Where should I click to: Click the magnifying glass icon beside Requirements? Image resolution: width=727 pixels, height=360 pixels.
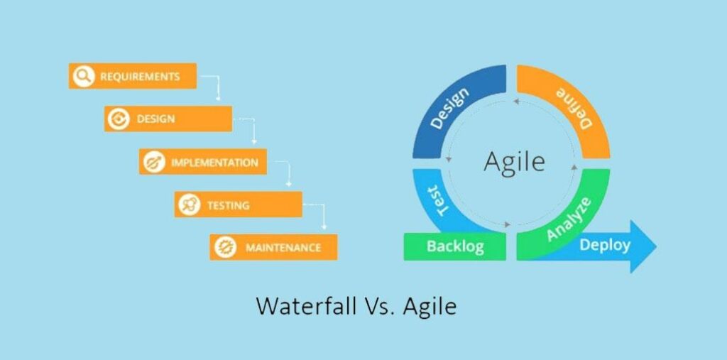click(84, 76)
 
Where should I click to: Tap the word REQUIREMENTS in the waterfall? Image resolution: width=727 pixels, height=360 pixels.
click(140, 77)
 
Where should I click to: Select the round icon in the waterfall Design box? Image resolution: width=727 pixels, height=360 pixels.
click(119, 119)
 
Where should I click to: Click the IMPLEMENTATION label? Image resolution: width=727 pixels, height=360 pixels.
click(214, 163)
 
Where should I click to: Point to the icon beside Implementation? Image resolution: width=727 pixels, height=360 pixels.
click(154, 162)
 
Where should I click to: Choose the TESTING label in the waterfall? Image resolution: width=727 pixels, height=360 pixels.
click(228, 205)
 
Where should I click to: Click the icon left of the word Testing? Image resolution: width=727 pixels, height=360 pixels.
click(189, 204)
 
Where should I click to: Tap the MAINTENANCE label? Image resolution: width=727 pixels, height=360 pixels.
click(283, 248)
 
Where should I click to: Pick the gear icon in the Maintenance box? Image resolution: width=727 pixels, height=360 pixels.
click(225, 247)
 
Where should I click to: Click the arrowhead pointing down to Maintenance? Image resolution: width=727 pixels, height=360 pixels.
click(324, 227)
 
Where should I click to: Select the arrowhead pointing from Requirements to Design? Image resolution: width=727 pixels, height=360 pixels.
click(219, 99)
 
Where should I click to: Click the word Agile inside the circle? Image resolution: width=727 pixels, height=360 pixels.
click(514, 163)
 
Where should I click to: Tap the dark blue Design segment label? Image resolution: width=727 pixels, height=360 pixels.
click(449, 108)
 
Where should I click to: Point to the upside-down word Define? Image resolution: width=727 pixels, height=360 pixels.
click(574, 108)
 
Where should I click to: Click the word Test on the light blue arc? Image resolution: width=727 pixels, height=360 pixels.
click(437, 200)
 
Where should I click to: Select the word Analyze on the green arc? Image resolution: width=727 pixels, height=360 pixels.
click(569, 219)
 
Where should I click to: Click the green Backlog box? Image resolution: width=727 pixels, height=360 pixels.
click(455, 246)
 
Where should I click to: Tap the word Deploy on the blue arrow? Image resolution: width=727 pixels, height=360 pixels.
click(605, 244)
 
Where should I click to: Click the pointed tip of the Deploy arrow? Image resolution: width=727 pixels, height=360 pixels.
click(656, 246)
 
